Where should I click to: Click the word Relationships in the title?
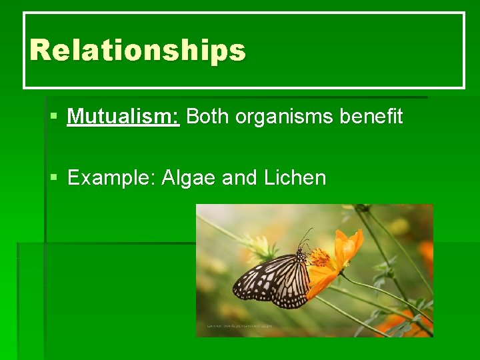(137, 51)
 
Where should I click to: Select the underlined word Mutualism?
(123, 117)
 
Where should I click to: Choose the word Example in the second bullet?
(111, 178)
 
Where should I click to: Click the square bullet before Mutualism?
(54, 117)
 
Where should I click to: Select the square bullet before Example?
(54, 178)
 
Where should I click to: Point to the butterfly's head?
(301, 254)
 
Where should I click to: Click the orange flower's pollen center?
(320, 257)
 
